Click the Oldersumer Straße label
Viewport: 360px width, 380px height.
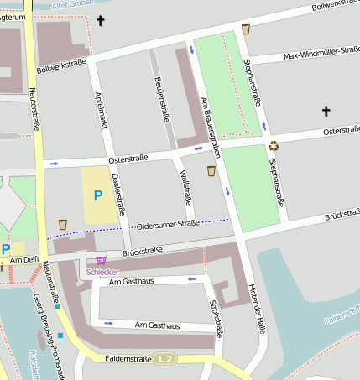point(168,224)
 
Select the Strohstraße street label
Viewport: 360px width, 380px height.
point(216,319)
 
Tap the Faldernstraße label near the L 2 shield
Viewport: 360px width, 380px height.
point(128,359)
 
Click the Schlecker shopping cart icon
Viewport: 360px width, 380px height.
point(102,261)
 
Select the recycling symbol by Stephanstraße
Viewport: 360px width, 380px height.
point(274,146)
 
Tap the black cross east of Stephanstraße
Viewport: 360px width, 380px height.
point(326,111)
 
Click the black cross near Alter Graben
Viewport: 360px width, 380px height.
point(102,20)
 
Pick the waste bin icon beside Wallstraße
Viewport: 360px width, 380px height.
point(211,171)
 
